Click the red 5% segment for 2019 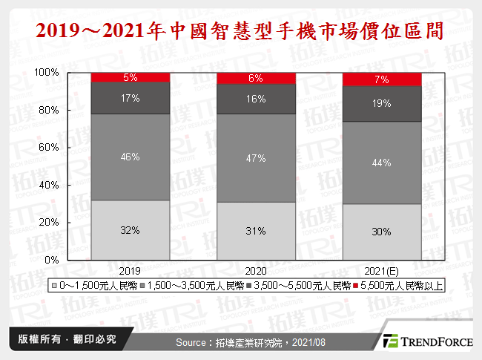pyautogui.click(x=130, y=77)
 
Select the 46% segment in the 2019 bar pyautogui.click(x=130, y=157)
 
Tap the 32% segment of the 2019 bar pyautogui.click(x=130, y=230)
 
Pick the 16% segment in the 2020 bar pyautogui.click(x=254, y=99)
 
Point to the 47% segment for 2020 pyautogui.click(x=254, y=157)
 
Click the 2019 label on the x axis pyautogui.click(x=130, y=271)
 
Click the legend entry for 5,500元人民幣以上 pyautogui.click(x=400, y=286)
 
